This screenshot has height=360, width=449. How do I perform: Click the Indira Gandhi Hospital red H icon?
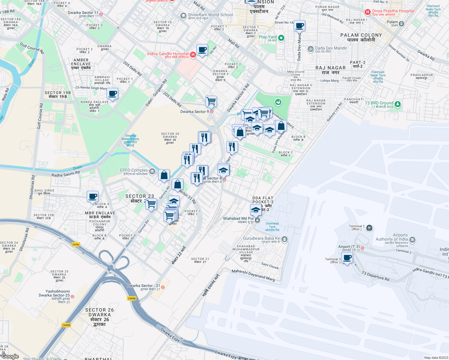[x=193, y=55]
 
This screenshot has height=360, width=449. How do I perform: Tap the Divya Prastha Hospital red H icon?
[x=367, y=12]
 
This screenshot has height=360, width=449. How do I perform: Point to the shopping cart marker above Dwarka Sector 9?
[x=211, y=101]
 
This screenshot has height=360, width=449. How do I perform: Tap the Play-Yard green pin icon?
[x=281, y=38]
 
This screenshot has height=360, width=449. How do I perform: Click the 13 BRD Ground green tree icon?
[x=398, y=104]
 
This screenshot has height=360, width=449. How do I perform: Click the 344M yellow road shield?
[x=76, y=244]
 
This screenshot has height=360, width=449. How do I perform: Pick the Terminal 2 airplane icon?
[x=369, y=228]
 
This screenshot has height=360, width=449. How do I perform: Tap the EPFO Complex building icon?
[x=152, y=172]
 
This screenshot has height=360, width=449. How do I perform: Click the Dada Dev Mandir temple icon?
[x=311, y=49]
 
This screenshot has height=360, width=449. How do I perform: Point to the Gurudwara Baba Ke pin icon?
[x=285, y=239]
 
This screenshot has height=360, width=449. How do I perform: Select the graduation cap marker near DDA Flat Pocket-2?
[x=255, y=210]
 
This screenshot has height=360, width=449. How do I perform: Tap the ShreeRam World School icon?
[x=183, y=16]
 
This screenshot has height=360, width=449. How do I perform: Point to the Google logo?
[x=10, y=356]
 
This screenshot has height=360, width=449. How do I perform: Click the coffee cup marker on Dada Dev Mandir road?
[x=299, y=26]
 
